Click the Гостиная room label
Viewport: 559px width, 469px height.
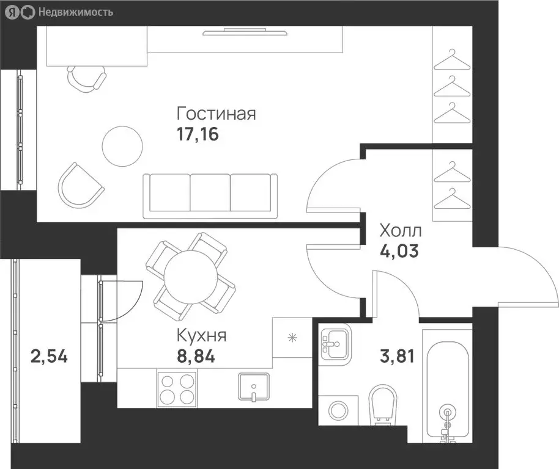point(217,114)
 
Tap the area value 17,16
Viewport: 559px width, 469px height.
point(198,134)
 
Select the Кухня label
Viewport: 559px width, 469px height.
point(202,335)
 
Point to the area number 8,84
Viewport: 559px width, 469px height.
point(196,356)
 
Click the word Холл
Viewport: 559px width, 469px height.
point(401,231)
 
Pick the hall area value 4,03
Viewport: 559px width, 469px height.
point(399,250)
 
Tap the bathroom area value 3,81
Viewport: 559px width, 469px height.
point(397,356)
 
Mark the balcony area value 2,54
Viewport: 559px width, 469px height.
point(49,356)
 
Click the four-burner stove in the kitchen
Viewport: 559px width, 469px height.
point(177,389)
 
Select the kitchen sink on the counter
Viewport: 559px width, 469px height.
point(253,387)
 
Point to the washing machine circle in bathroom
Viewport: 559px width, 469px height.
point(338,410)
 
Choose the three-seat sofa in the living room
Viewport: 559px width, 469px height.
point(210,195)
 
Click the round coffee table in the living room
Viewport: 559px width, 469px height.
point(122,146)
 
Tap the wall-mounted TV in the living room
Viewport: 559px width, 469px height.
point(245,33)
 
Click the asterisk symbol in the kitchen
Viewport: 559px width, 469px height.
point(292,337)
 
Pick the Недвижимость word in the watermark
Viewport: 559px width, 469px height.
point(76,12)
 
